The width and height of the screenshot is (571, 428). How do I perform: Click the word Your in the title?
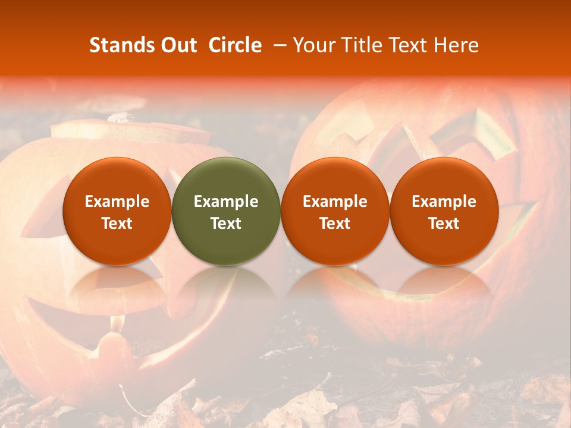(312, 46)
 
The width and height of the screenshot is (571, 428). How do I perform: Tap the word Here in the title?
(457, 46)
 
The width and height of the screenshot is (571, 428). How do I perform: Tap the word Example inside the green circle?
(226, 202)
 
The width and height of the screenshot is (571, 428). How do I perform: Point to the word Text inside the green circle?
(226, 224)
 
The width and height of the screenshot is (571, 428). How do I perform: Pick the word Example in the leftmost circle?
(117, 202)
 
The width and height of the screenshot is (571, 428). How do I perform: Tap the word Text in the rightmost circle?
(444, 224)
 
